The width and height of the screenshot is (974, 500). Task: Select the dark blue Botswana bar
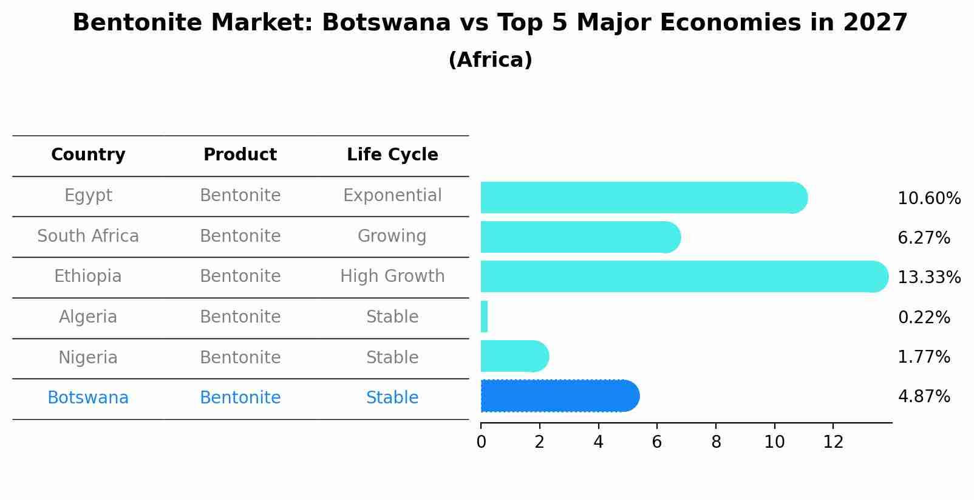559,396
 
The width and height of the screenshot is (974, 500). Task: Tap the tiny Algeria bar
484,317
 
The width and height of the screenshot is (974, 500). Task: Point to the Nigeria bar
514,356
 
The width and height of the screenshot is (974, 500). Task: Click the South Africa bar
579,237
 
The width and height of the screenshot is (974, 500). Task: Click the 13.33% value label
929,278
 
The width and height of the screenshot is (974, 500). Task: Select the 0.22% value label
924,317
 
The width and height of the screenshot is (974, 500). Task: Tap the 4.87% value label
924,397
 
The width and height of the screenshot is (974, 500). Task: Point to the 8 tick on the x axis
716,442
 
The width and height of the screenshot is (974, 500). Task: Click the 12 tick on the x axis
833,442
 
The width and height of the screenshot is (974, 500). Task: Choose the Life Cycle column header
392,155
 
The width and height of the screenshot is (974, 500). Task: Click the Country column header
88,155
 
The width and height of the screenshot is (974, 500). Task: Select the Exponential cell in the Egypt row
392,196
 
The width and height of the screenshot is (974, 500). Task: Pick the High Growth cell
392,276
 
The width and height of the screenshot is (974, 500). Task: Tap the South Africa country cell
88,236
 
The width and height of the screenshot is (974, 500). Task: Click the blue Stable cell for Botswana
392,398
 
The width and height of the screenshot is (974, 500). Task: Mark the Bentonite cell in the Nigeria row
240,358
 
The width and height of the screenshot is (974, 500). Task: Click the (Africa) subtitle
490,60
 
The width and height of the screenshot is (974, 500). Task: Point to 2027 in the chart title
875,23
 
